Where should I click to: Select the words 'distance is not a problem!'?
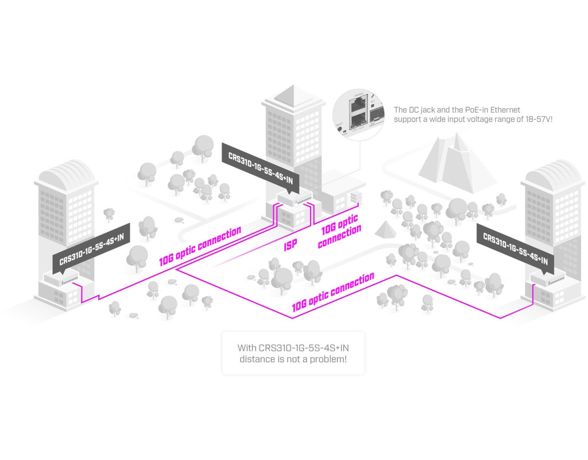(x=293, y=359)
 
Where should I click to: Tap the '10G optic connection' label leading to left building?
(x=200, y=247)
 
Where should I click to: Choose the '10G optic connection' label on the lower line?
(x=332, y=293)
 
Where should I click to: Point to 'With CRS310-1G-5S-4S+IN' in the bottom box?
(x=293, y=348)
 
